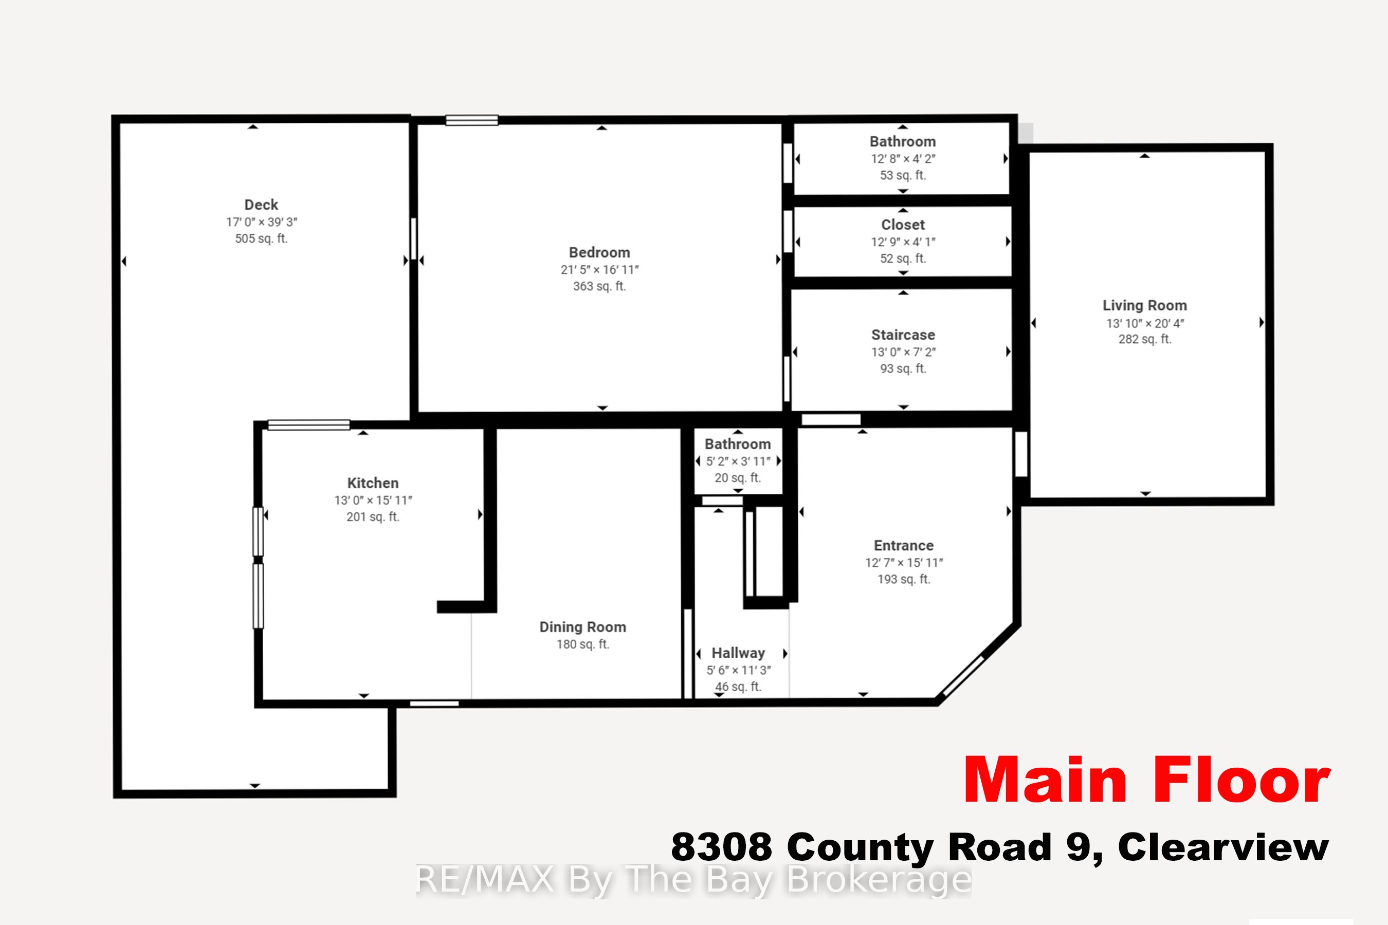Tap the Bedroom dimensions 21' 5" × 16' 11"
point(599,270)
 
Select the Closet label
point(902,225)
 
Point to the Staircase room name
point(903,335)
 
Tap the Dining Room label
point(582,627)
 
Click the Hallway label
point(738,653)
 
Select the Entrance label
point(904,546)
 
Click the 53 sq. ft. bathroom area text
point(902,175)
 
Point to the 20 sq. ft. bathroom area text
point(738,478)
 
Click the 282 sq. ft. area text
point(1144,339)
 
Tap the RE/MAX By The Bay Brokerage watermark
point(693,880)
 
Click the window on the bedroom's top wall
point(471,120)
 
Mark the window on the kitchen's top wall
point(308,425)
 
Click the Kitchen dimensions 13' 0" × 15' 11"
point(373,500)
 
